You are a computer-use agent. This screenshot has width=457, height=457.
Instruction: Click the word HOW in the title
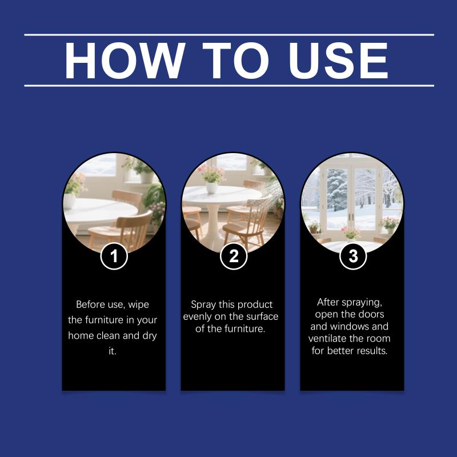125,61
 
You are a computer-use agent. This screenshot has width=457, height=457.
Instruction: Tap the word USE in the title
338,61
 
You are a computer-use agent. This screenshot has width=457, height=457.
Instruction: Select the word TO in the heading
235,61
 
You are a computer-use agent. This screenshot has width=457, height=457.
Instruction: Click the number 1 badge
114,256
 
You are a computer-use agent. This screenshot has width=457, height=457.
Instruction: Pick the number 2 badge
234,256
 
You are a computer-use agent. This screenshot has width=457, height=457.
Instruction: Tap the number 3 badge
353,256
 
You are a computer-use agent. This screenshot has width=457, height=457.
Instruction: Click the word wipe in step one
139,304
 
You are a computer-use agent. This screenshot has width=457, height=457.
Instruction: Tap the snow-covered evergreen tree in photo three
337,190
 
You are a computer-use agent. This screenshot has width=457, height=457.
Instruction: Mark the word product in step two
255,305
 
